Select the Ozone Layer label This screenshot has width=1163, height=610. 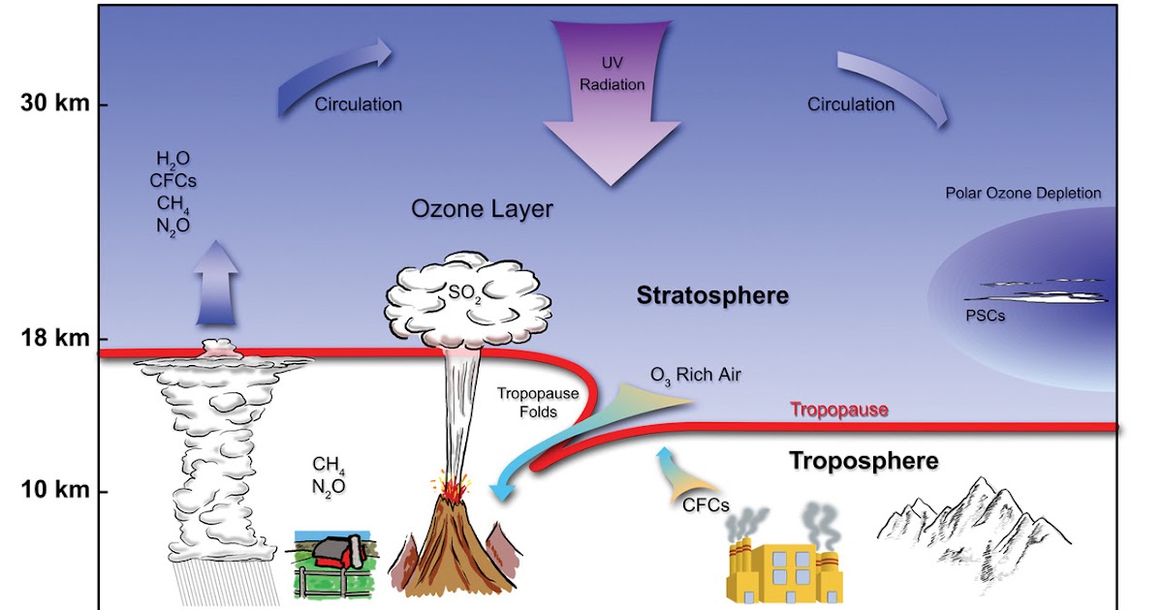pos(482,209)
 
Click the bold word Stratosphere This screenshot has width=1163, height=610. pos(712,294)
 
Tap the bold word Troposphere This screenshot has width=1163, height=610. pos(863,460)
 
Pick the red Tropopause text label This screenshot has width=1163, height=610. pos(839,410)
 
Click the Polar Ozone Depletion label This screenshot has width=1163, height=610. pos(1023,193)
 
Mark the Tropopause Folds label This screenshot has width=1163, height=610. pos(529,402)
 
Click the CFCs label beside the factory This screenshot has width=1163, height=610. pos(706,504)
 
